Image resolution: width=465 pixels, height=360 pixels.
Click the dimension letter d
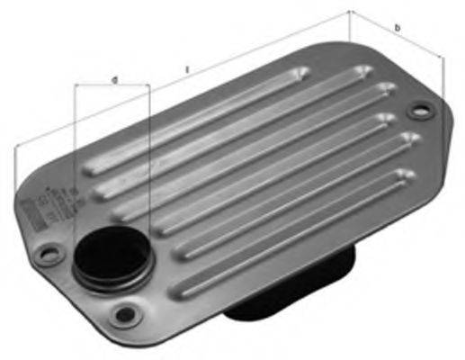coord(114,80)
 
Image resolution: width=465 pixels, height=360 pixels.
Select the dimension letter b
coord(398,29)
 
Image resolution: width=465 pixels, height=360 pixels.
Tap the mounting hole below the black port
coord(125,314)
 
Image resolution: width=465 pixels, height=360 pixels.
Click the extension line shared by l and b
coord(351,27)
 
